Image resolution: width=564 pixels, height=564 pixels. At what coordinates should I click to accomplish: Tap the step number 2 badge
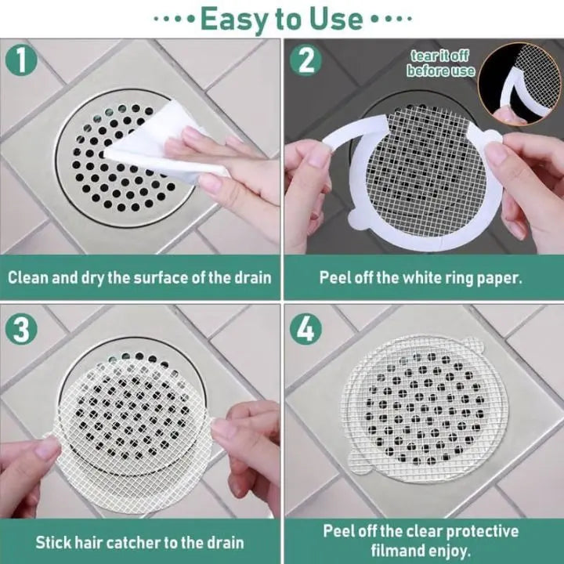305,61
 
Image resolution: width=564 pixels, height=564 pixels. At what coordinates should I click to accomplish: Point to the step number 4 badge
305,329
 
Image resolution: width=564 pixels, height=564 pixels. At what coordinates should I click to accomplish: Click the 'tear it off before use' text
440,63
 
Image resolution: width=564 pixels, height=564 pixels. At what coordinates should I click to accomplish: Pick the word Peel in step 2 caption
334,277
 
